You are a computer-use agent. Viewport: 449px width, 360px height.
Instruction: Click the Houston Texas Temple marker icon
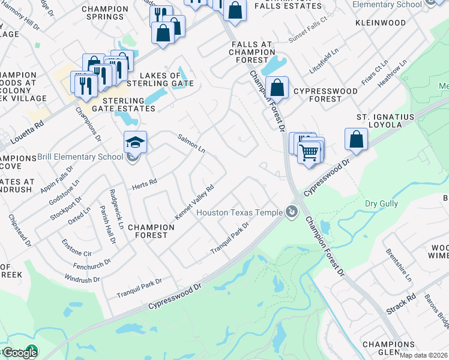click(x=292, y=212)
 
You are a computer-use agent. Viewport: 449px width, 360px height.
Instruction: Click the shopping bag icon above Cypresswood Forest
click(x=277, y=88)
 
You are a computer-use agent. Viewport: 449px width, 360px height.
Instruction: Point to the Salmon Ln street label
click(x=191, y=143)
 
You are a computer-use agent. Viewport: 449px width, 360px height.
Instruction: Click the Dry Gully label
click(x=381, y=204)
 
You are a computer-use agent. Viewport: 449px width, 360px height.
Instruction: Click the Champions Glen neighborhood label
click(x=389, y=348)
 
